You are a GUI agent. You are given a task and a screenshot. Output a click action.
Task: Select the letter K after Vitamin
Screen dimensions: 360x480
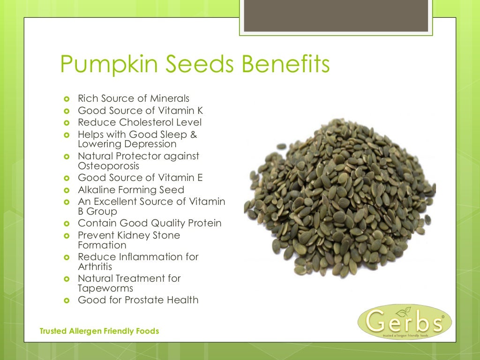(x=200, y=111)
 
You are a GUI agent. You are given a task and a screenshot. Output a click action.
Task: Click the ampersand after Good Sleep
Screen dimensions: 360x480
(x=194, y=135)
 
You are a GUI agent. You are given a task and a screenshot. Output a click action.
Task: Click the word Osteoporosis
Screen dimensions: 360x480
(x=108, y=166)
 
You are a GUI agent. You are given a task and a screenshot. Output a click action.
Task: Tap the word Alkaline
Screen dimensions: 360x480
(x=97, y=190)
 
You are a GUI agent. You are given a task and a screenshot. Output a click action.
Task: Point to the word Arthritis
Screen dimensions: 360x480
(x=96, y=267)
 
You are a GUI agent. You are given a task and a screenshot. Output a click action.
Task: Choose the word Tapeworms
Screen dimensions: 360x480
(x=105, y=288)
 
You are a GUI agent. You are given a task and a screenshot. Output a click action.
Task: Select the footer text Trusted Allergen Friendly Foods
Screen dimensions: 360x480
(x=99, y=331)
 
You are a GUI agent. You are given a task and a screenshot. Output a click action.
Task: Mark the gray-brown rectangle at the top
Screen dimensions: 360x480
(x=337, y=15)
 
